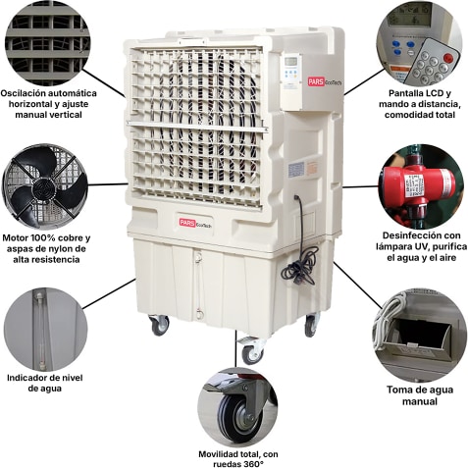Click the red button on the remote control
click(x=447, y=58)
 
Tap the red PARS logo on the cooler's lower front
click(x=187, y=223)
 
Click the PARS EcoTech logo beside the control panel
click(x=324, y=81)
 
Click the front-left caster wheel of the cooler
click(x=159, y=325)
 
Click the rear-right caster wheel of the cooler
click(x=311, y=325)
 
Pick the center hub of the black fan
click(x=42, y=186)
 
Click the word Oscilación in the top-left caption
click(x=24, y=93)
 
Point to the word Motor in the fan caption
click(x=15, y=237)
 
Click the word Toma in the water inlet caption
click(x=398, y=390)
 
